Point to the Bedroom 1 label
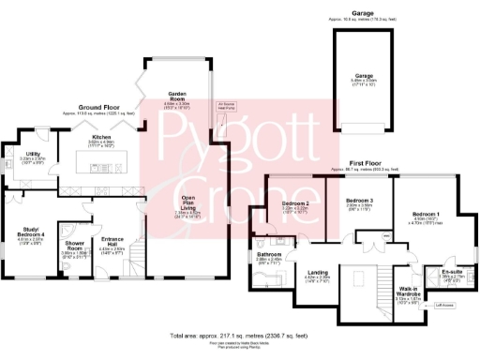tap(425, 215)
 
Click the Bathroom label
tap(270, 254)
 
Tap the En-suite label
tap(453, 273)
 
